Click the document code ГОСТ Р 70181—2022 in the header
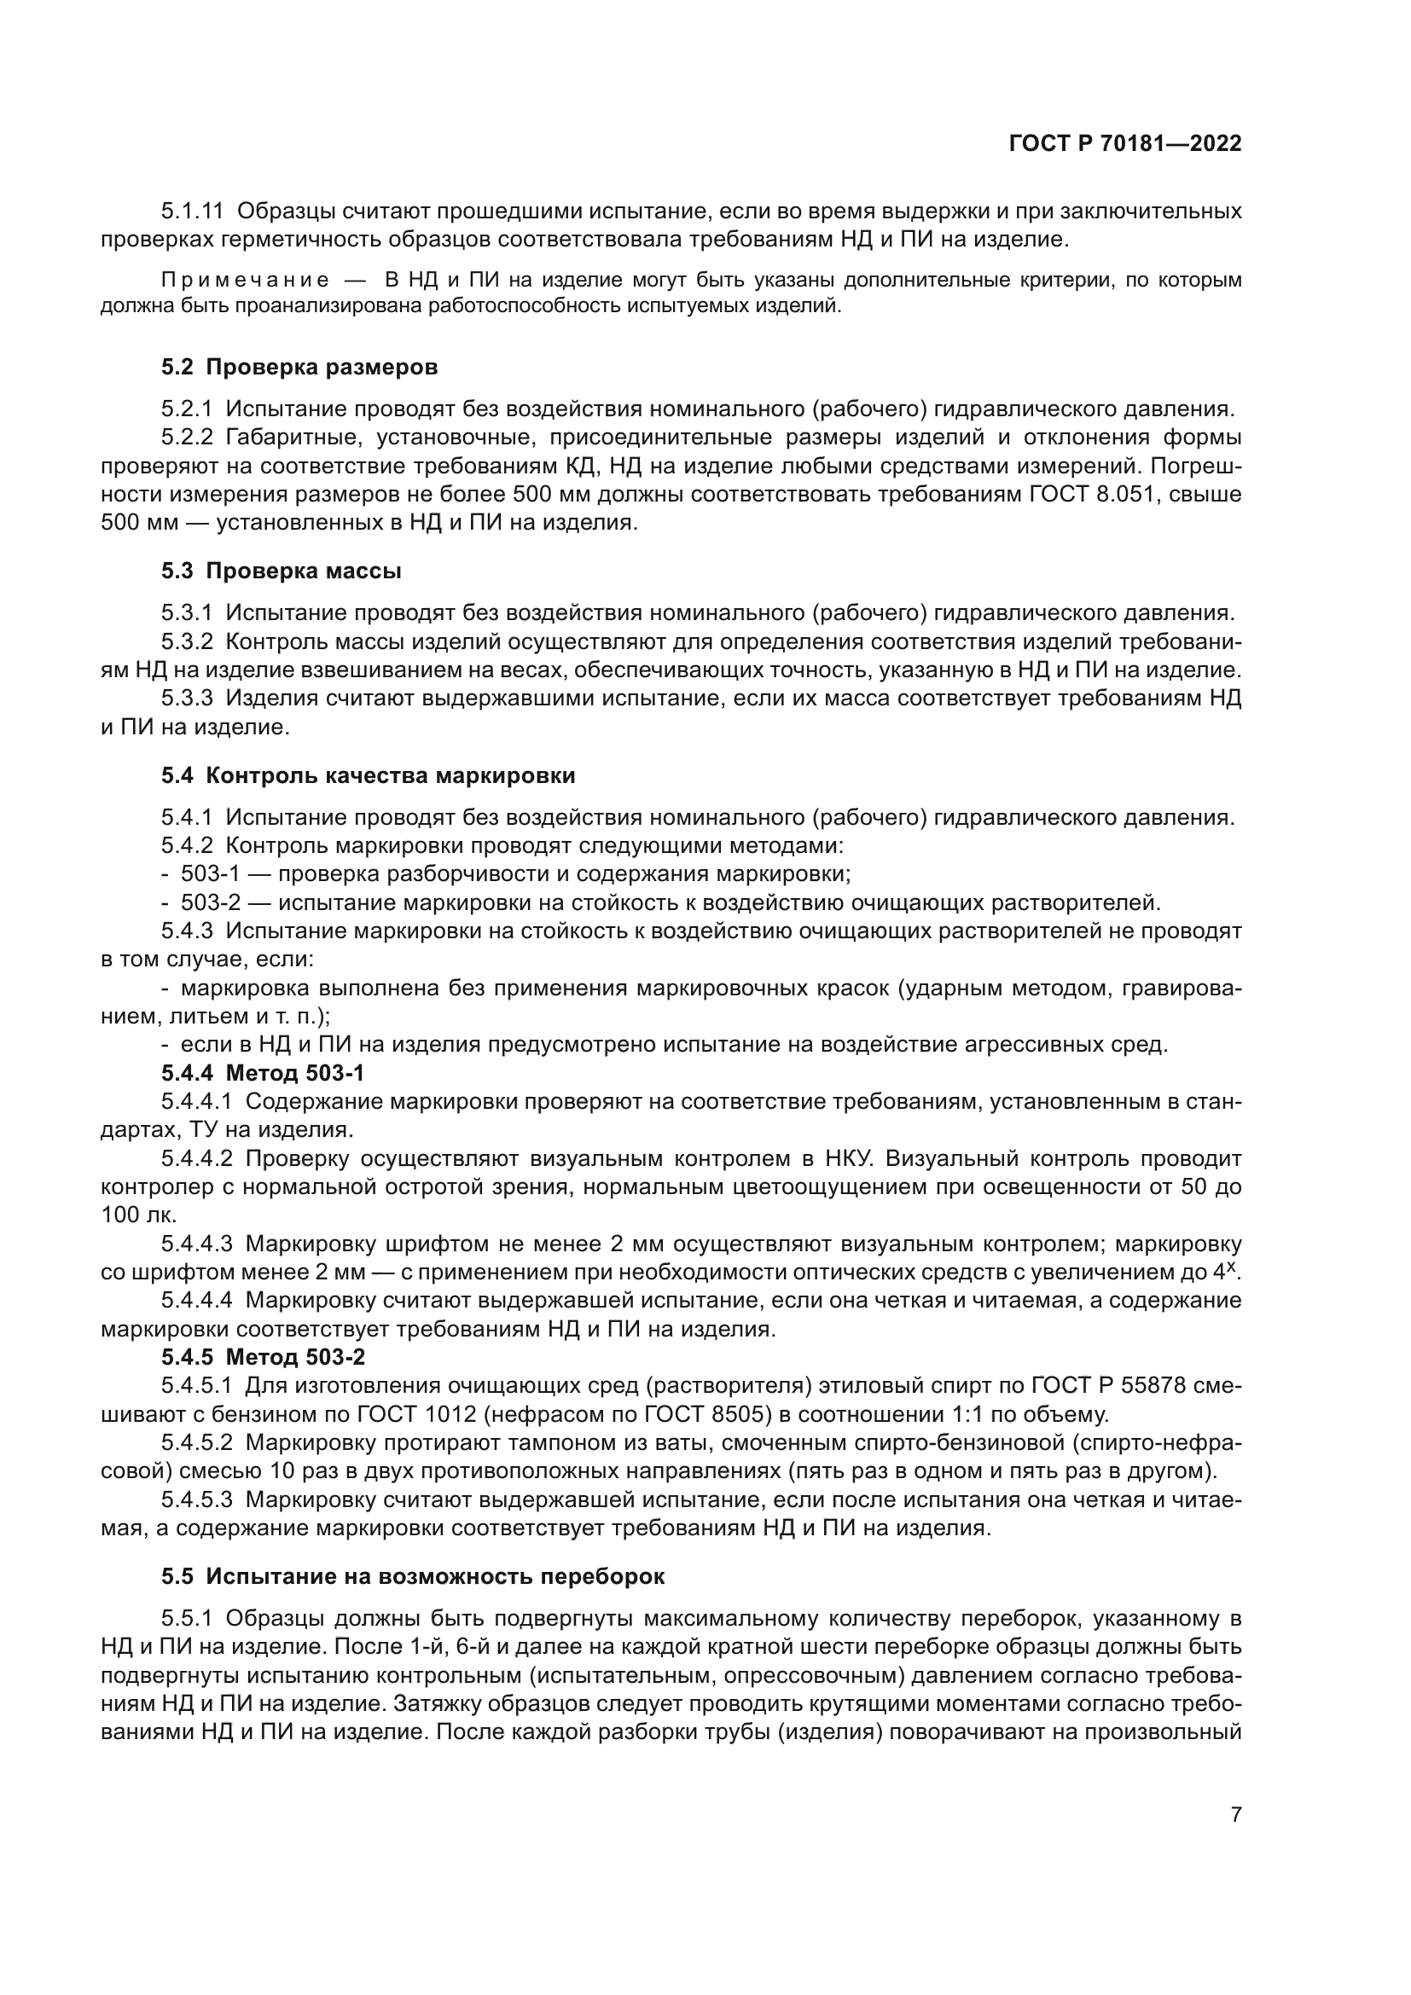point(1125,144)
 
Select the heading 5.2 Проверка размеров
point(299,368)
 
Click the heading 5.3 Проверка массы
point(281,571)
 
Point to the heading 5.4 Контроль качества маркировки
point(368,776)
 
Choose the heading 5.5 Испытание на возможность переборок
point(413,1575)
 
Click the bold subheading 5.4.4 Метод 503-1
point(263,1073)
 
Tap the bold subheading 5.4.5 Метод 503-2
point(264,1356)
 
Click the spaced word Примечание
point(246,281)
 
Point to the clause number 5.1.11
point(192,212)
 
